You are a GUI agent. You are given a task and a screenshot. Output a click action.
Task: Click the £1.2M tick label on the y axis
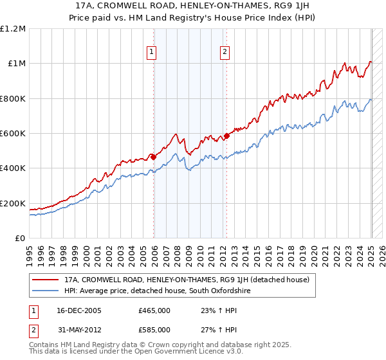pos(12,29)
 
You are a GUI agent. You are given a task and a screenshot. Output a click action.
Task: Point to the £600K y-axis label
pos(12,134)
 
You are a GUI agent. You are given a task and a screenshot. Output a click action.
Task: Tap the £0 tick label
pos(20,239)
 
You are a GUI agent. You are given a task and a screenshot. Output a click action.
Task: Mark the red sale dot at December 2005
pos(153,156)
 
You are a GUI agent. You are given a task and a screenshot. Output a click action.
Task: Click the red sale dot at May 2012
pos(226,136)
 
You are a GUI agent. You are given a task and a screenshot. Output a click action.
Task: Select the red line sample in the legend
pos(46,280)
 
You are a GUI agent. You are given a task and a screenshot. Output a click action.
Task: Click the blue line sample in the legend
pos(46,291)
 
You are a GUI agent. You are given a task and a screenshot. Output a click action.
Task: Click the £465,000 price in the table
pos(154,310)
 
